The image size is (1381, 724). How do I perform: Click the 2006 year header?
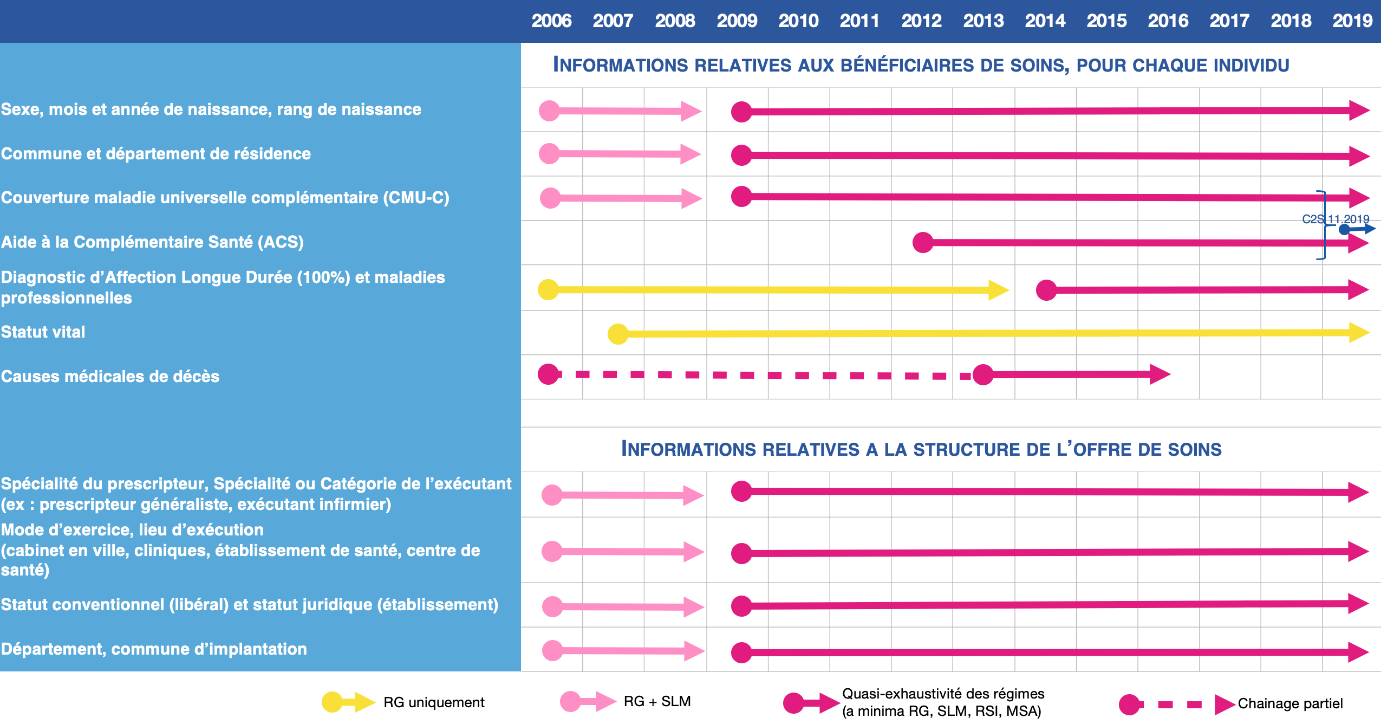point(551,21)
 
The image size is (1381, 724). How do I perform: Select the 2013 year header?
point(983,21)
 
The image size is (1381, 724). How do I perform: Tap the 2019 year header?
point(1352,21)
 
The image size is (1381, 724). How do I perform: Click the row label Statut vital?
point(43,332)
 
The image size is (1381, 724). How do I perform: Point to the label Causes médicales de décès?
point(110,376)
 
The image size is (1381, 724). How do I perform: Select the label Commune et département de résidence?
point(156,153)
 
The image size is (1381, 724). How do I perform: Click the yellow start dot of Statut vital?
point(618,334)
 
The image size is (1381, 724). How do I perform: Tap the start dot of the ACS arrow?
point(923,242)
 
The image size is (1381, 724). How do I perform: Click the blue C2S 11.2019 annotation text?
point(1335,219)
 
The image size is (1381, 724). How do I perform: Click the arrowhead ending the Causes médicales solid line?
point(1160,374)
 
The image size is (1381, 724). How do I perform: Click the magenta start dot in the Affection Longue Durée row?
point(1046,290)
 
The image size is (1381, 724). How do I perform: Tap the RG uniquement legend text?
point(434,702)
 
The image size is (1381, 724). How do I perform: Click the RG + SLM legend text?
point(657,701)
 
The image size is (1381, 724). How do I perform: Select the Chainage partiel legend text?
point(1290,703)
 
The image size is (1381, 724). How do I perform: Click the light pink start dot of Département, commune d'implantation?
point(552,650)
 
